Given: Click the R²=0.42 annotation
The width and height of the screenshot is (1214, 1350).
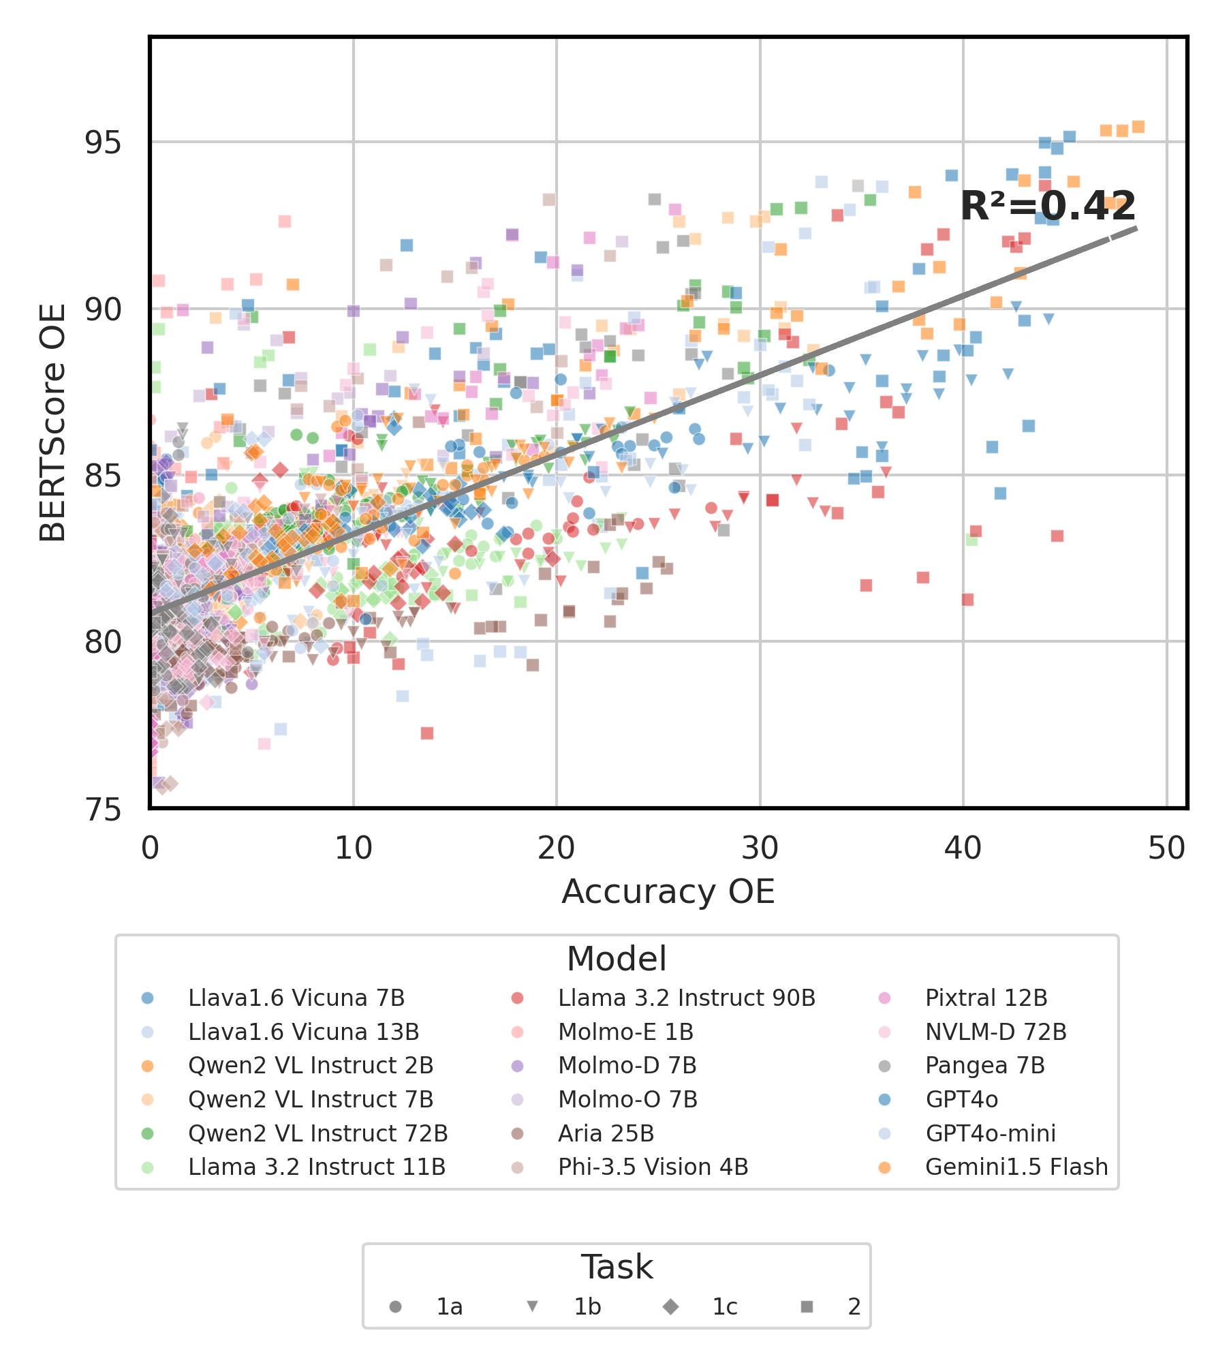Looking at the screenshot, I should tap(1047, 206).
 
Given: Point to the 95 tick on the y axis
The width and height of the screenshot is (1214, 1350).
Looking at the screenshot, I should tap(102, 142).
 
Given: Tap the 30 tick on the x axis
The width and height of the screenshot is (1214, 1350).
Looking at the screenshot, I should tap(760, 848).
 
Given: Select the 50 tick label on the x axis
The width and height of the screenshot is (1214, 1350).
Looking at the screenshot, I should tap(1166, 848).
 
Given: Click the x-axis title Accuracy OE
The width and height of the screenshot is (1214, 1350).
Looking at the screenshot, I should tap(668, 891).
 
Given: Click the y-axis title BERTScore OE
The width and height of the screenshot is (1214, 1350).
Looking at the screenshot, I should tap(52, 423).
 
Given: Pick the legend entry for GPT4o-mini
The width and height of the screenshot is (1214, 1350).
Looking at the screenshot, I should tap(991, 1133).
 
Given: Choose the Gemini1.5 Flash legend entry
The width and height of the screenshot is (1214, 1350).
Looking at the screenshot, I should tap(1016, 1167).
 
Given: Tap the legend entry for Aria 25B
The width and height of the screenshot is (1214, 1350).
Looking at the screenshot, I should tap(606, 1133).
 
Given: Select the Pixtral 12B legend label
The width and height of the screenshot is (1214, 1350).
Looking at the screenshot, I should tap(986, 998).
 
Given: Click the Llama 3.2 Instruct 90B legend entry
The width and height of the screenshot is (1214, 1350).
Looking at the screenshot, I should tap(686, 998).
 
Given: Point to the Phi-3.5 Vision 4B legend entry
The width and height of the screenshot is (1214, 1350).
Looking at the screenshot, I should tap(653, 1167).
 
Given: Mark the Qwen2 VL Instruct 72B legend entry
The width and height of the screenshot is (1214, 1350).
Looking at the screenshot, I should tap(317, 1133).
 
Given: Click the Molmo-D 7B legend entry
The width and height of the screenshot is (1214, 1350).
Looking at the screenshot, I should tap(627, 1065).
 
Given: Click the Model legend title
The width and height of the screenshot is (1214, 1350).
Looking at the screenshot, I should tap(617, 959).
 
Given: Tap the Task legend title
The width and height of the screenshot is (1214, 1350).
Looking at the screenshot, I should tap(617, 1267).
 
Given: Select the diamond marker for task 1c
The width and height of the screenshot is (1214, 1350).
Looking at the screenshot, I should tap(671, 1306).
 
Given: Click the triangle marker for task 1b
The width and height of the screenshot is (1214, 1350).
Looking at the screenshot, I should tap(533, 1306).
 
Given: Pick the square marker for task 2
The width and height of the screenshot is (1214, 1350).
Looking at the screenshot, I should tap(807, 1306).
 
